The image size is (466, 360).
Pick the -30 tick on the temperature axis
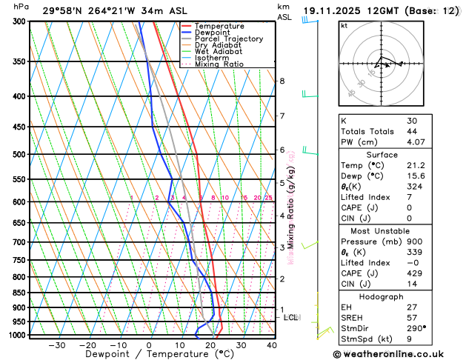[56, 345]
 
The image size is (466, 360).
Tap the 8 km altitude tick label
[282, 81]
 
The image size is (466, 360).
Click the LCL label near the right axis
[291, 318]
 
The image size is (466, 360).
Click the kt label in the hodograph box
[344, 26]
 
